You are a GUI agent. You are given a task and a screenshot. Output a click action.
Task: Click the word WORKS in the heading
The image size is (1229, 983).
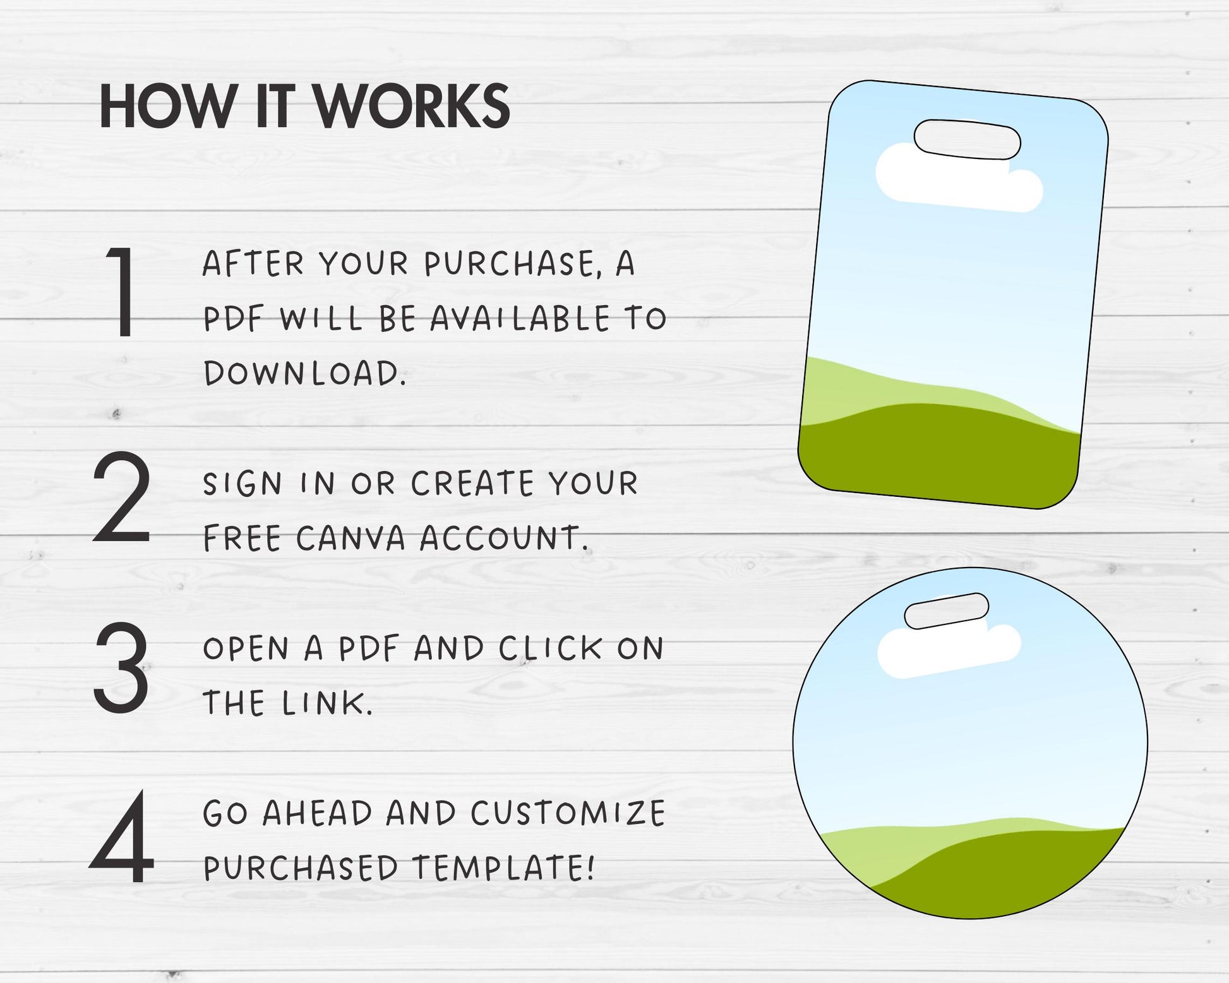(412, 107)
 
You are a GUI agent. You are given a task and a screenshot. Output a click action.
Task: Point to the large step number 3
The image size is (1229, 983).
(121, 667)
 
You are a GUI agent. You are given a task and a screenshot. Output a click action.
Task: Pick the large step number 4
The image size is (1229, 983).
(121, 837)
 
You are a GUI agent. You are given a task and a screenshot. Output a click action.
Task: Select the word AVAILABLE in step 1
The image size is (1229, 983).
(520, 319)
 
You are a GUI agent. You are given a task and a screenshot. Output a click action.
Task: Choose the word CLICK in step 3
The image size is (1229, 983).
(551, 648)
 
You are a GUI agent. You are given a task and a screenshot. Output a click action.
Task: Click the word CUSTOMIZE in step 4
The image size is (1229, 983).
(568, 813)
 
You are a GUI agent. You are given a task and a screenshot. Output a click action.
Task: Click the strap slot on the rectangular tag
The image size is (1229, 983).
(967, 139)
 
